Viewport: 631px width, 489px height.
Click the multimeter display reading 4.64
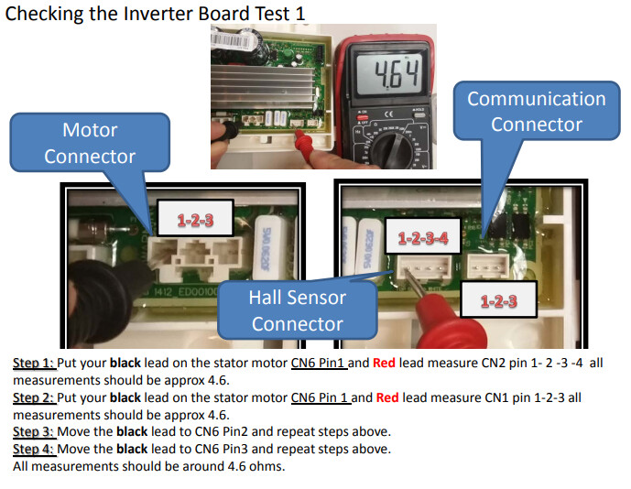point(389,74)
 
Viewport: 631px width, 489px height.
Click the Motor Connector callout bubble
point(90,143)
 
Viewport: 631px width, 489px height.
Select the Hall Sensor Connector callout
point(298,310)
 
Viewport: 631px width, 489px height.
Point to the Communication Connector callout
point(537,112)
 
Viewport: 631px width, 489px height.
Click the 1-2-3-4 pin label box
point(422,237)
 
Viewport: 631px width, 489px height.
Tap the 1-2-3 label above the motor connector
point(195,220)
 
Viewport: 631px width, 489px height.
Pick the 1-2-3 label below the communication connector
point(498,300)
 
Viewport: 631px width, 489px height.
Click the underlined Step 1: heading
point(34,363)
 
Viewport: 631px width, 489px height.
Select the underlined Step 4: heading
point(34,449)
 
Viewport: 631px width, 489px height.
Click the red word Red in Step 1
point(384,363)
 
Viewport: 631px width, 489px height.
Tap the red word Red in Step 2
point(387,397)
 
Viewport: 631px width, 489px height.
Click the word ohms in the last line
point(267,466)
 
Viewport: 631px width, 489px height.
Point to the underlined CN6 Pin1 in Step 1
point(318,363)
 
